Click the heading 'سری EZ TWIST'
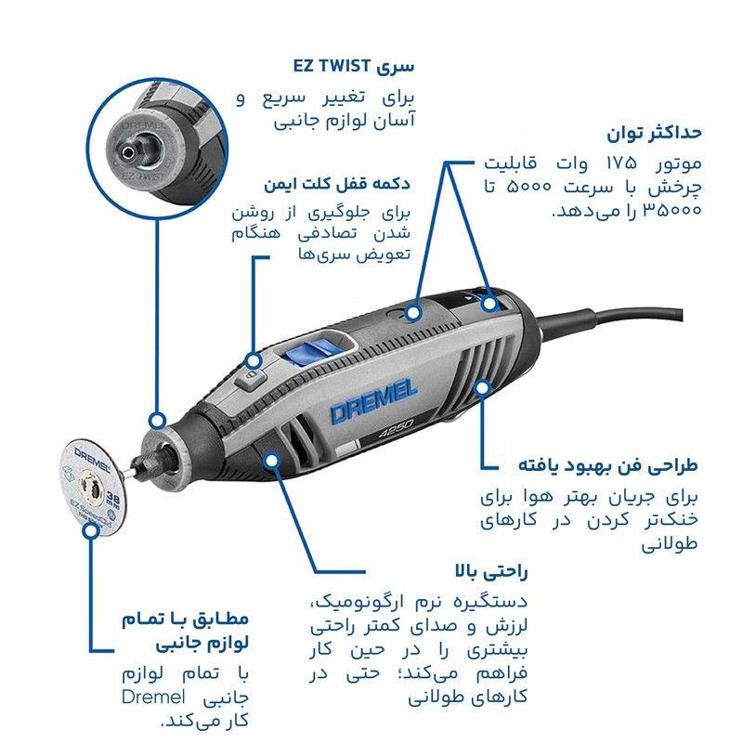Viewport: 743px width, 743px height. coord(354,66)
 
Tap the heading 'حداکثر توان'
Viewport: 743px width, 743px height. coord(654,133)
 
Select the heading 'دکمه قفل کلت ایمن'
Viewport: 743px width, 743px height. coord(337,183)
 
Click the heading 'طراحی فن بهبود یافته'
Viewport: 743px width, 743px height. coord(608,465)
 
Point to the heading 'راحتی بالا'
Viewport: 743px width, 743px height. coord(491,571)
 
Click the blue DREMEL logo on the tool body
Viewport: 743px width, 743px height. coord(374,401)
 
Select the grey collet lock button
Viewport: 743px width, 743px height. coord(251,379)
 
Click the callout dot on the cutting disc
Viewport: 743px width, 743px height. coord(91,529)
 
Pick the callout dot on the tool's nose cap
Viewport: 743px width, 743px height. coord(157,420)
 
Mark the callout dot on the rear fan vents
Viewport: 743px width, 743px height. coord(482,387)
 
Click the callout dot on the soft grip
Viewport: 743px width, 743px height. coord(272,460)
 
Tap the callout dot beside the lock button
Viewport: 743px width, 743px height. coord(254,361)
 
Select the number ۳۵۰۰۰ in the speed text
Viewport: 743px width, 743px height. coord(671,210)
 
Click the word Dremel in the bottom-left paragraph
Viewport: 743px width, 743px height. coord(153,697)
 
